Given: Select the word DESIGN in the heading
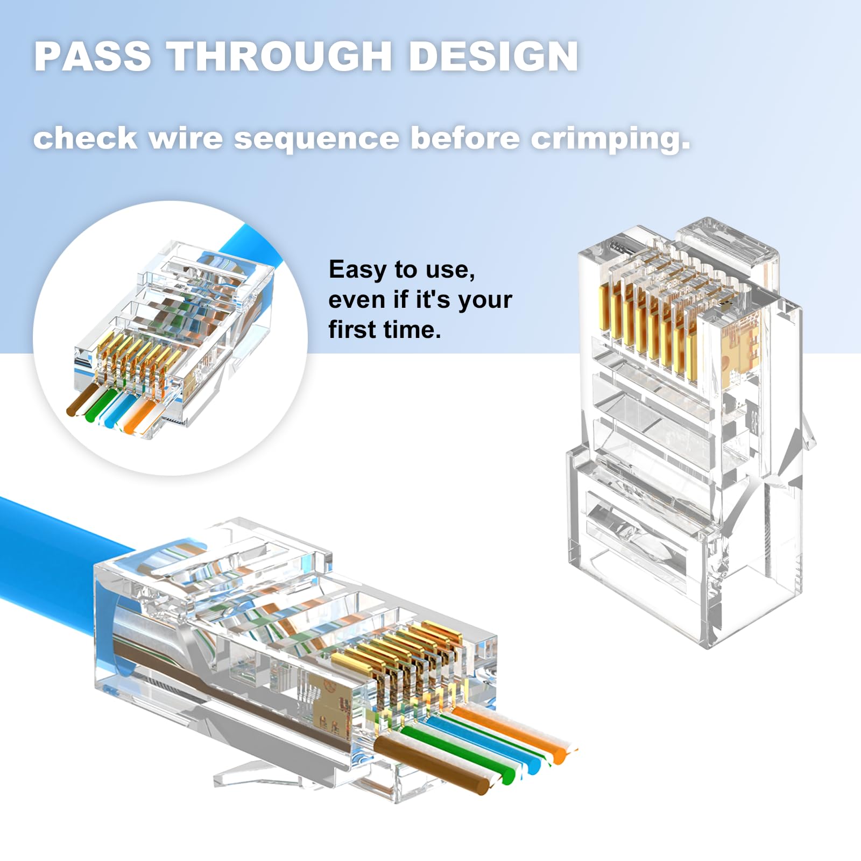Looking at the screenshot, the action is pyautogui.click(x=493, y=56).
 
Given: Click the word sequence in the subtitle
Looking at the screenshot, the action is pyautogui.click(x=317, y=139).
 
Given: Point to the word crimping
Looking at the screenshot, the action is pyautogui.click(x=611, y=139).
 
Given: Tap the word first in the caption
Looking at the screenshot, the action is pyautogui.click(x=351, y=329).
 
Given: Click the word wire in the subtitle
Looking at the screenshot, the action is pyautogui.click(x=186, y=138).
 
